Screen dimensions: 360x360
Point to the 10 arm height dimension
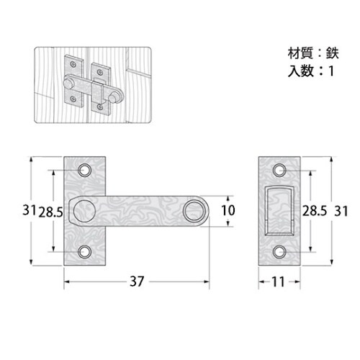pos(229,211)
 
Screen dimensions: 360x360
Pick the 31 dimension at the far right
pos(341,211)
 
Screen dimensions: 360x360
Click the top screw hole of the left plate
pos(85,171)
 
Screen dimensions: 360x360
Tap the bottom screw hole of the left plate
pos(85,251)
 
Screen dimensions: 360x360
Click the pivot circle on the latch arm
pos(85,210)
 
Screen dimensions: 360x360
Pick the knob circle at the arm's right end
pos(192,210)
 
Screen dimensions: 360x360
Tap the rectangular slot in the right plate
pos(277,210)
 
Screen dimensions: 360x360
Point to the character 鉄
pos(330,53)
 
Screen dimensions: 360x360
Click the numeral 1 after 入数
pos(331,71)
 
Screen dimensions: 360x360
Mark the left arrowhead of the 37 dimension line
pos(67,282)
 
